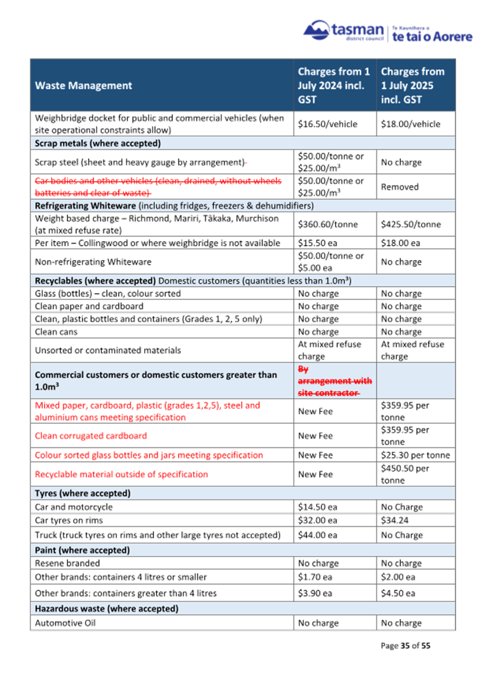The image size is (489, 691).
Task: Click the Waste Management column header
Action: click(84, 86)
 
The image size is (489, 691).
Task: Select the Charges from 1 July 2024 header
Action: click(334, 86)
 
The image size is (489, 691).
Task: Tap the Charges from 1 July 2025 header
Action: click(412, 86)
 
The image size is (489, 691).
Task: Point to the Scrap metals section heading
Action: click(98, 143)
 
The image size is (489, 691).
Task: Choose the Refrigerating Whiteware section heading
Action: click(86, 206)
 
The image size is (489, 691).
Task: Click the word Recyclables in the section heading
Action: click(59, 281)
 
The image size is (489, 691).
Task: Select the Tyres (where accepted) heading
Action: click(83, 493)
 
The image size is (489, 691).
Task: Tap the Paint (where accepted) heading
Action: click(82, 550)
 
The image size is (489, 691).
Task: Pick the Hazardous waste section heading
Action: click(107, 609)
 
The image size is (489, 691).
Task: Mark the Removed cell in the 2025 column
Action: click(400, 187)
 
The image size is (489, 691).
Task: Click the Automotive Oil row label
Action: click(65, 623)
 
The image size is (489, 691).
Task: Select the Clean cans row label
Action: click(56, 332)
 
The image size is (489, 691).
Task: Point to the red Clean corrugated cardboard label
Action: click(91, 436)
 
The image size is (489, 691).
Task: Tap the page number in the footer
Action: click(405, 646)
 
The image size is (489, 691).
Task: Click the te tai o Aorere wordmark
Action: click(432, 37)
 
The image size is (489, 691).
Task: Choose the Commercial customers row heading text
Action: click(156, 380)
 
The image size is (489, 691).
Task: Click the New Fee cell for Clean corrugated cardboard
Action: click(315, 436)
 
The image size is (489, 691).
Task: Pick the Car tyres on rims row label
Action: click(69, 520)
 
